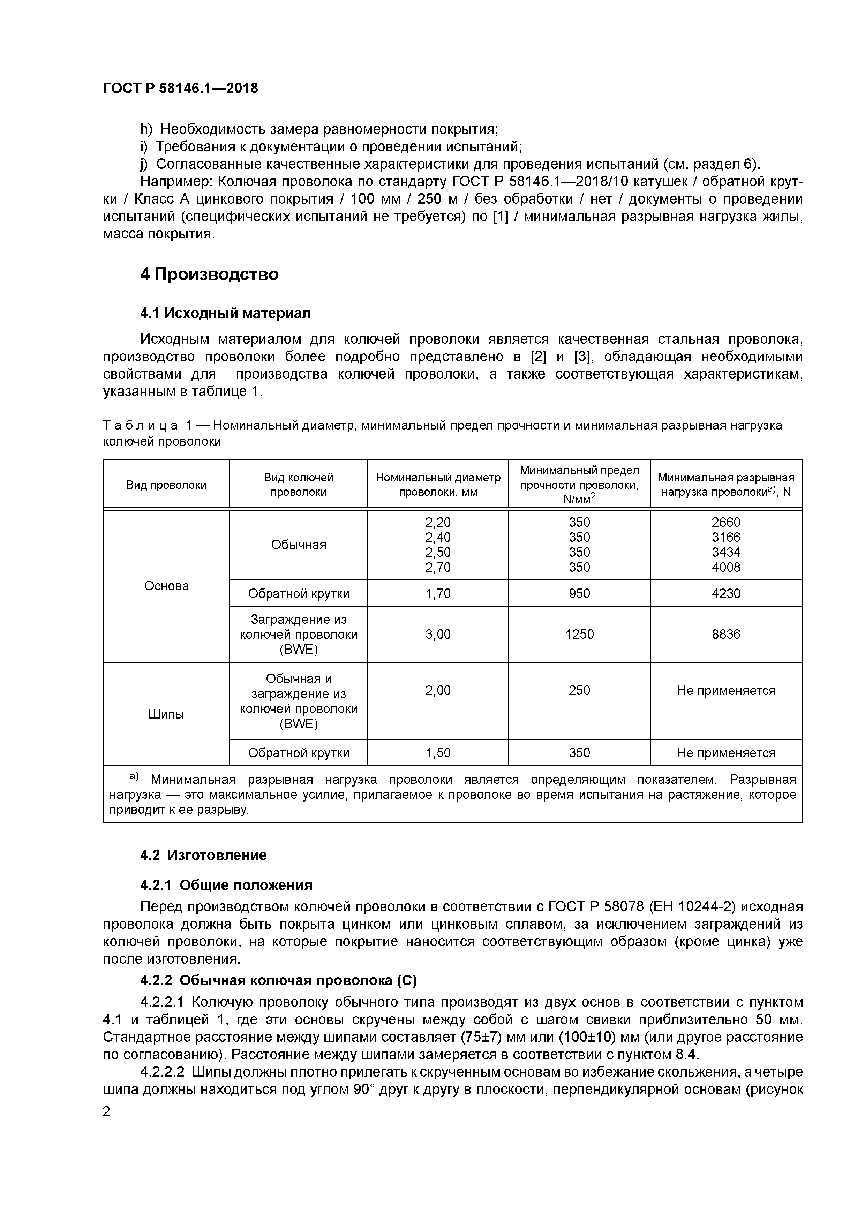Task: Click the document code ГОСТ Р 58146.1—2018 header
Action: pos(180,88)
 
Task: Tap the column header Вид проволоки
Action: pos(166,485)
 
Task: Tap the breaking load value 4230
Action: pos(726,593)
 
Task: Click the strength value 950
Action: pos(579,593)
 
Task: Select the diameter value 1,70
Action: pos(438,593)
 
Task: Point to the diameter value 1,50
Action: pos(438,753)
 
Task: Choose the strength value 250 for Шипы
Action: pos(579,690)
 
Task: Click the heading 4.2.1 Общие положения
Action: pos(226,885)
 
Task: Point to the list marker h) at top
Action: pos(146,129)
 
